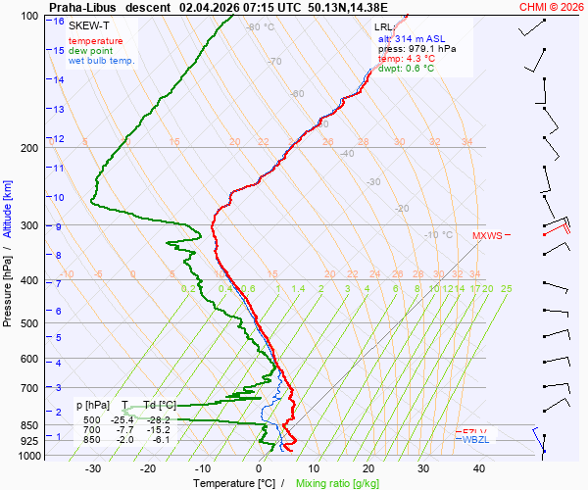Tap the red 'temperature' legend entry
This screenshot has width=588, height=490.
(96, 41)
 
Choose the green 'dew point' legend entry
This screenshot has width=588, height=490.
(90, 51)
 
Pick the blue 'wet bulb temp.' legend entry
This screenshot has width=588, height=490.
(102, 61)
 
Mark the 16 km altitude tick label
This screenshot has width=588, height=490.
(59, 22)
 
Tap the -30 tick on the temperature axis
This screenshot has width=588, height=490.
(93, 468)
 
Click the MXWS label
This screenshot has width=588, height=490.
(487, 236)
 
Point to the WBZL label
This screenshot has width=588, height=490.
(475, 440)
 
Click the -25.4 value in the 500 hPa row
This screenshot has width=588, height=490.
(122, 419)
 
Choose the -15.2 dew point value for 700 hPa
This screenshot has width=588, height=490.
(159, 429)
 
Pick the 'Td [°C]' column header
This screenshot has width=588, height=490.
(160, 405)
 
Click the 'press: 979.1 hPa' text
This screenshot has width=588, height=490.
(416, 48)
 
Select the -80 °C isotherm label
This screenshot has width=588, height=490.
(260, 27)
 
